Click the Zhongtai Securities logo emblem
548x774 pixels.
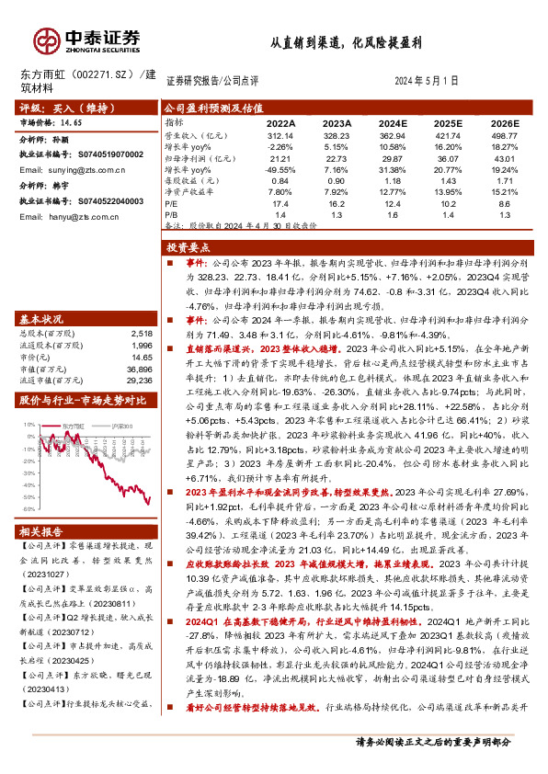(47, 40)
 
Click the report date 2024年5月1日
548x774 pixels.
(428, 81)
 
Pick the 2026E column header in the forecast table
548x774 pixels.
(504, 122)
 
